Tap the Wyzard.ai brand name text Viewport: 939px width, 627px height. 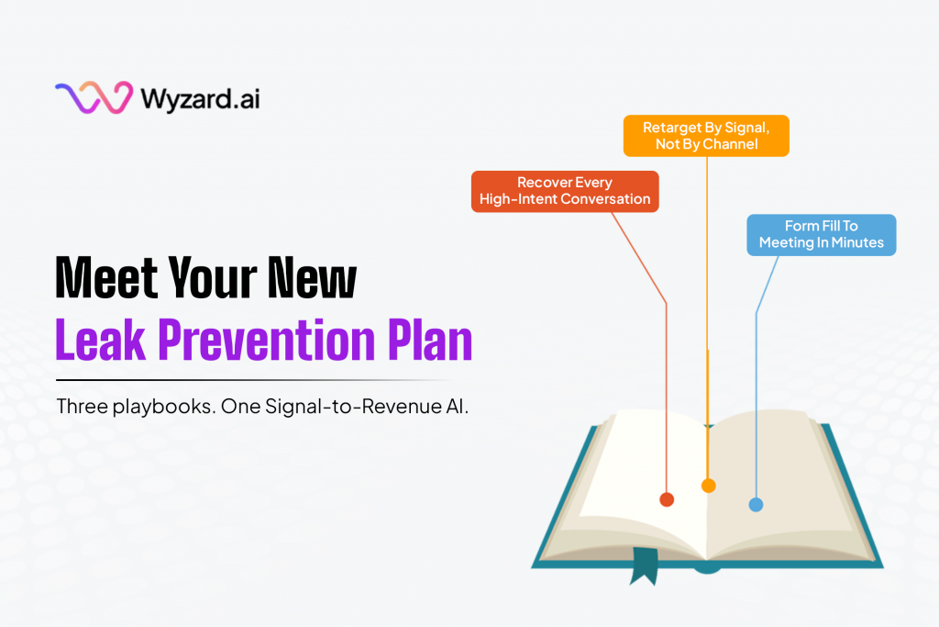(200, 97)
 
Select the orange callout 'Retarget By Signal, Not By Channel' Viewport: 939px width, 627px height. (706, 136)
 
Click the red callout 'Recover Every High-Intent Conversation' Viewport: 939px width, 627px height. (565, 191)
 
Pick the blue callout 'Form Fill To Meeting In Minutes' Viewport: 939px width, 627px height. (821, 234)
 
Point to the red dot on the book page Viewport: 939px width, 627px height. (667, 499)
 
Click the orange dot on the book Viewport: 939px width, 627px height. (708, 486)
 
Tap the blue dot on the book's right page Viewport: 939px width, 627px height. (756, 504)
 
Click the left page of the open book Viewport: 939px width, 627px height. (633, 468)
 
